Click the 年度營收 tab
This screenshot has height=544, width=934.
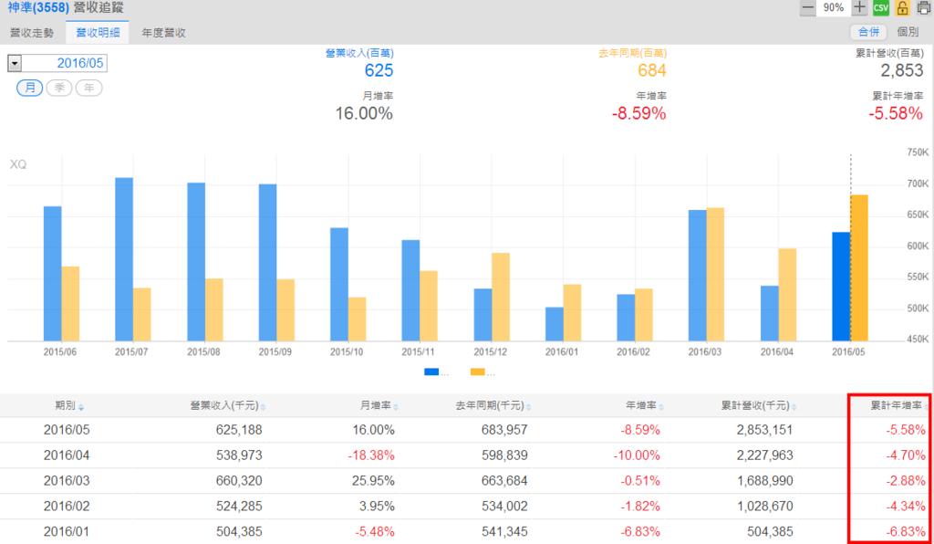[x=164, y=33]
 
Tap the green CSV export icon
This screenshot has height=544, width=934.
[x=880, y=8]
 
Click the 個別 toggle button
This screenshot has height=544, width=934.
[x=907, y=32]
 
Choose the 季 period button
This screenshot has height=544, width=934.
[x=59, y=88]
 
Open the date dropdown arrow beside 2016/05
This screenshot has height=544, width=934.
[x=15, y=63]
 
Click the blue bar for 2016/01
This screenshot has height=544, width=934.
[x=555, y=323]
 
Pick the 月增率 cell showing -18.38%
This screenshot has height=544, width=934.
[x=371, y=455]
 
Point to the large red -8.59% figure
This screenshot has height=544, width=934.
[x=638, y=114]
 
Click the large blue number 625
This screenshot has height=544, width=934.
[x=379, y=71]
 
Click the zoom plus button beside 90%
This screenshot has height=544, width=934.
[x=859, y=8]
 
